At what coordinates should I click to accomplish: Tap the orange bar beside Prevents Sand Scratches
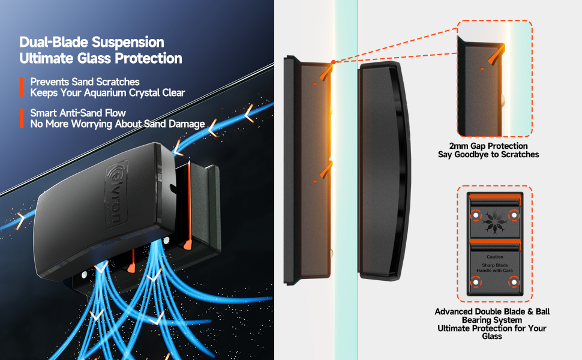tap(22, 87)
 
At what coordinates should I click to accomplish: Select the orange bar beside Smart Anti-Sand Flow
tap(22, 118)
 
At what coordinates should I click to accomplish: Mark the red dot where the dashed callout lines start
tap(334, 61)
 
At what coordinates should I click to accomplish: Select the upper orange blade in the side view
tap(325, 73)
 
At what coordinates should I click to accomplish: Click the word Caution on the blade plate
tap(495, 257)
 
